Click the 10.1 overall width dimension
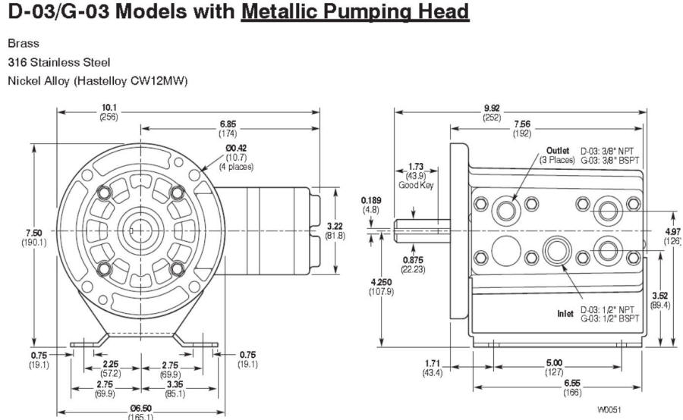tap(109, 108)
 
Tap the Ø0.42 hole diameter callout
tap(236, 149)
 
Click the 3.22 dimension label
tap(357, 226)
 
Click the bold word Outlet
tap(558, 151)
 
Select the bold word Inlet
tap(565, 312)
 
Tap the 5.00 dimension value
tap(554, 363)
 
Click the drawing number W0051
tap(609, 409)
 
